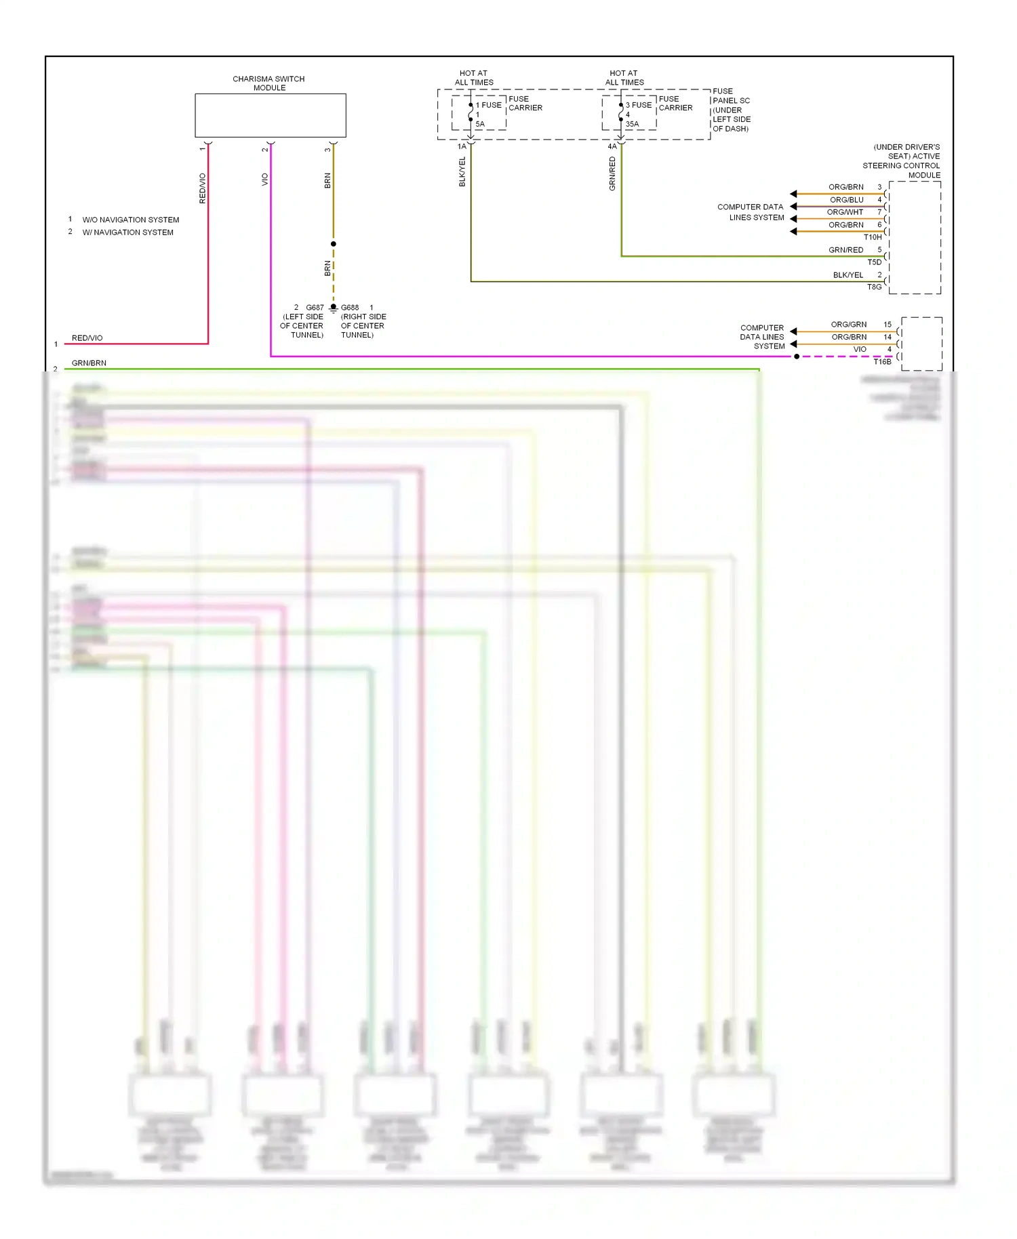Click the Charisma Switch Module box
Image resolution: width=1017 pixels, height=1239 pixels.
[x=270, y=115]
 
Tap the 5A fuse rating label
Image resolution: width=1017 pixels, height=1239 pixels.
[x=480, y=124]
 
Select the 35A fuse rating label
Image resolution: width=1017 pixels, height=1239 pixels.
[x=632, y=124]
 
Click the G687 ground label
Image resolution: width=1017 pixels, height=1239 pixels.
[x=315, y=308]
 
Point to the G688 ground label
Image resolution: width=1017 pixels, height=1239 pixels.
[x=350, y=308]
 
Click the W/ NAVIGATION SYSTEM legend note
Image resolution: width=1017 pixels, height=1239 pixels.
[x=127, y=232]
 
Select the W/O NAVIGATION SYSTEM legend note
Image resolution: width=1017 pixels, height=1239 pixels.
[x=130, y=220]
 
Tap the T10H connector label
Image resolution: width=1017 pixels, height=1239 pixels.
[x=873, y=237]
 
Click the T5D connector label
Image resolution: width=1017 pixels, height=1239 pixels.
[x=875, y=262]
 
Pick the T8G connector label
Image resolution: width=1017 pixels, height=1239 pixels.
[x=875, y=287]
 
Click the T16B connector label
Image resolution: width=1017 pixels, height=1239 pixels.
[x=882, y=362]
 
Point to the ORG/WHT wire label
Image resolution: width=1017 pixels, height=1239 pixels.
[x=845, y=212]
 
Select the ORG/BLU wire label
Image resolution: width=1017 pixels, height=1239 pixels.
[x=846, y=200]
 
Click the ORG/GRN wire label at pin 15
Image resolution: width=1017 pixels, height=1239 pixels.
[x=848, y=325]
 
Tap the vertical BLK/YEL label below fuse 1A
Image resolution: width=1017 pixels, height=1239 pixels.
[x=462, y=172]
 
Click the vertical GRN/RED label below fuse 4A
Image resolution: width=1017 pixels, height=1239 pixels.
[x=612, y=174]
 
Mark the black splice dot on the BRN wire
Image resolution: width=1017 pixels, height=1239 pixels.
[x=333, y=244]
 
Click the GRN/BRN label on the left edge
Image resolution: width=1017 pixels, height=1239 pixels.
[x=89, y=363]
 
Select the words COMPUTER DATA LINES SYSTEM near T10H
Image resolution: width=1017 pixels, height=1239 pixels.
[x=751, y=212]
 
